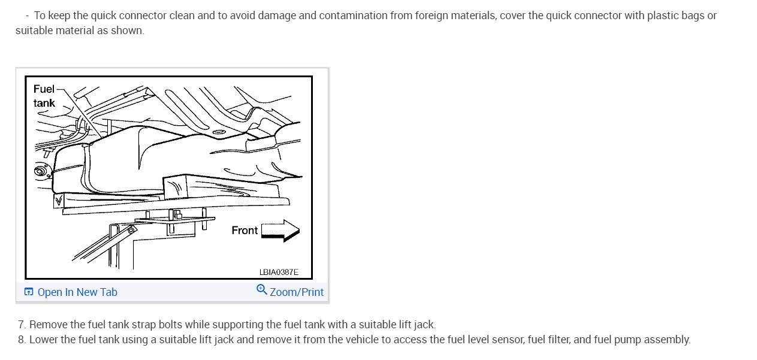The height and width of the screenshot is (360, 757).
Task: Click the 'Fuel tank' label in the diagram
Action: pyautogui.click(x=44, y=96)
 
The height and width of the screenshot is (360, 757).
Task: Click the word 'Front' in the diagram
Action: pyautogui.click(x=245, y=231)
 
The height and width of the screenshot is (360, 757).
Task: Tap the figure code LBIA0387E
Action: pyautogui.click(x=279, y=272)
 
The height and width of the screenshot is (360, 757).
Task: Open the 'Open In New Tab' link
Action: pyautogui.click(x=77, y=292)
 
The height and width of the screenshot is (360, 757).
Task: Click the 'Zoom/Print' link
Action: pyautogui.click(x=296, y=292)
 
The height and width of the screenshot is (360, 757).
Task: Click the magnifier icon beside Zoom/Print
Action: pyautogui.click(x=262, y=290)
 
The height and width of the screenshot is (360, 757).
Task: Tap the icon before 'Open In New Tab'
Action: pyautogui.click(x=29, y=292)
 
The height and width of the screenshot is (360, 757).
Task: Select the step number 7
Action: pyautogui.click(x=22, y=325)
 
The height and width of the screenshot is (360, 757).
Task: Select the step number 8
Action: pyautogui.click(x=22, y=340)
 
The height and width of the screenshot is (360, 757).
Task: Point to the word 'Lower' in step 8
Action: pyautogui.click(x=43, y=340)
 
